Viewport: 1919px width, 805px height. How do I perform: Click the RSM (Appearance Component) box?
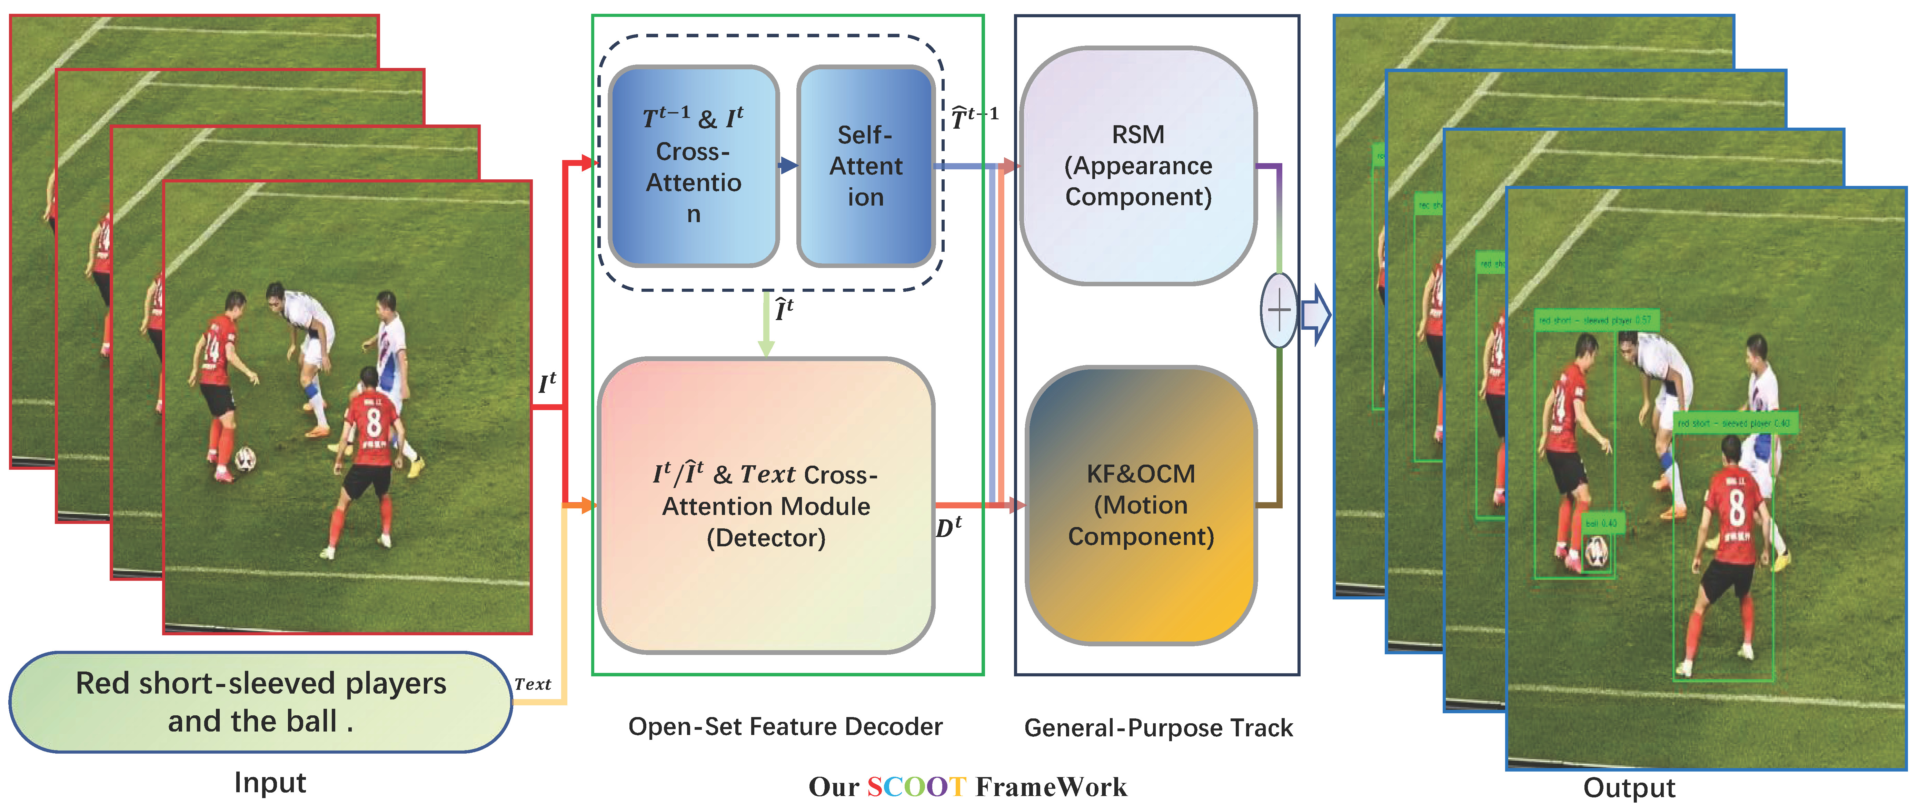click(x=1138, y=165)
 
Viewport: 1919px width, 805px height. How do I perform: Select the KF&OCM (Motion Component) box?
click(x=1141, y=505)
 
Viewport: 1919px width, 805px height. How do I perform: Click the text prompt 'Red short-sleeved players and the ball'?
click(x=261, y=702)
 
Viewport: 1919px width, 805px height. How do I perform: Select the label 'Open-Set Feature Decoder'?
click(x=785, y=726)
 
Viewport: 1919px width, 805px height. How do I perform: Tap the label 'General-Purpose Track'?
click(x=1159, y=727)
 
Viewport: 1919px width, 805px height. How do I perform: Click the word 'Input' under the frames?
click(x=270, y=783)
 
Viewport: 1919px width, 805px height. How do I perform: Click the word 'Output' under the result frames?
click(x=1629, y=787)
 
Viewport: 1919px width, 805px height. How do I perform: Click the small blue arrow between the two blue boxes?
click(x=787, y=165)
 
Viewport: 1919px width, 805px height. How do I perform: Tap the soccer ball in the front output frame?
click(x=1597, y=553)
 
